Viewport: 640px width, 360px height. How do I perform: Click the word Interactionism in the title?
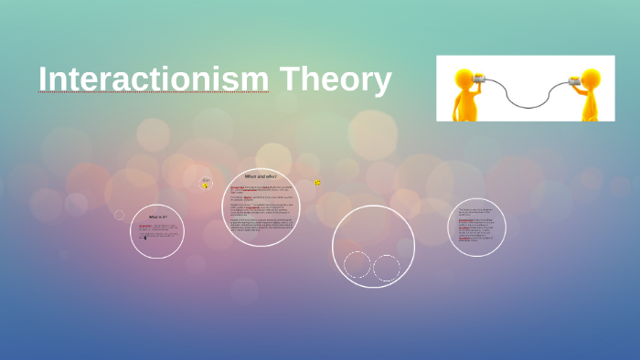154,79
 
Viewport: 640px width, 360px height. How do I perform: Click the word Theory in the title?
336,79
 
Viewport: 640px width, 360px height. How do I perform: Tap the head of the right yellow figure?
592,78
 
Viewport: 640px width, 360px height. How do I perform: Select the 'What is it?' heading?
156,217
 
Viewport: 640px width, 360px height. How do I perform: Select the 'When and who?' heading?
261,175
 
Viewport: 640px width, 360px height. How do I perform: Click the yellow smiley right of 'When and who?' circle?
317,183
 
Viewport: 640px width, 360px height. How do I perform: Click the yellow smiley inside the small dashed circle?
206,185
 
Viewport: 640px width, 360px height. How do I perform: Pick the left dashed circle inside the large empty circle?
357,265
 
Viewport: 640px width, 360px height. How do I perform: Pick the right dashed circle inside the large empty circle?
387,268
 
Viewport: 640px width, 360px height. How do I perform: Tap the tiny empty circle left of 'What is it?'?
119,215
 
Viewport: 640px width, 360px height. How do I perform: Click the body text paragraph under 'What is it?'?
155,231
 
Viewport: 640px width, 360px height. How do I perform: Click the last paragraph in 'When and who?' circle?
261,225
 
